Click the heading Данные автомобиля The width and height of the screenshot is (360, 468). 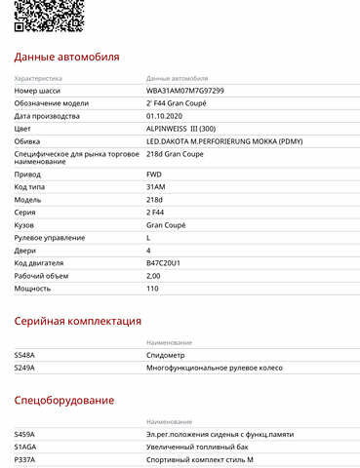[67, 57]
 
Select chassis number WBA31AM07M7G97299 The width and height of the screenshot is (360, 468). [185, 90]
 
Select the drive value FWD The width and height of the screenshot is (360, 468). [154, 174]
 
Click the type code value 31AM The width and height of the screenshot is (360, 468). [155, 186]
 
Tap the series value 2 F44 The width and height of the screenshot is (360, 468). [157, 212]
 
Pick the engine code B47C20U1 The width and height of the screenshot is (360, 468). [166, 262]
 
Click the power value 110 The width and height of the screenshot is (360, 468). [152, 288]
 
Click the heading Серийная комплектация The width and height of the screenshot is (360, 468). [78, 320]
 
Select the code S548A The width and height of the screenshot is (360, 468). [24, 355]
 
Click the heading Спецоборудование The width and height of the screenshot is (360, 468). [64, 400]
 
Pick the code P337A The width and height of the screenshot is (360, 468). [24, 459]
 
